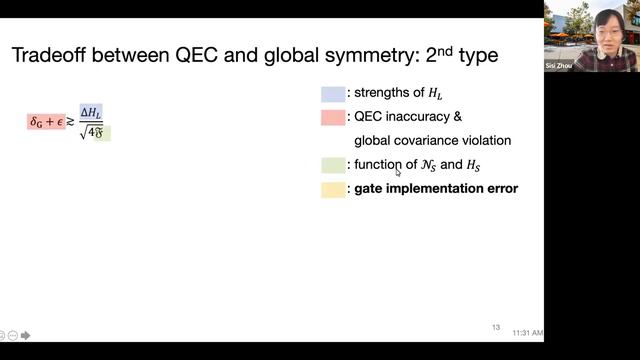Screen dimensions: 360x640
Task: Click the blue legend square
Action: (333, 94)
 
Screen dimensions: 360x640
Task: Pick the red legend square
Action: (333, 117)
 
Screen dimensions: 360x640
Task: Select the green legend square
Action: (333, 165)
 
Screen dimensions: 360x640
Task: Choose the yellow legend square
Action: (333, 188)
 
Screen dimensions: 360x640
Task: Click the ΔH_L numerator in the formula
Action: (92, 113)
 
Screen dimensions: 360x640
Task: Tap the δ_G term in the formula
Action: (36, 122)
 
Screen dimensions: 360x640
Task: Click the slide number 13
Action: (496, 327)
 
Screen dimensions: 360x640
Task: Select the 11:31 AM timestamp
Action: (527, 332)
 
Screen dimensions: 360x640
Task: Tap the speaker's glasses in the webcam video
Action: (606, 27)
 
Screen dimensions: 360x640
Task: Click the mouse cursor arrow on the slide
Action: (398, 172)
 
